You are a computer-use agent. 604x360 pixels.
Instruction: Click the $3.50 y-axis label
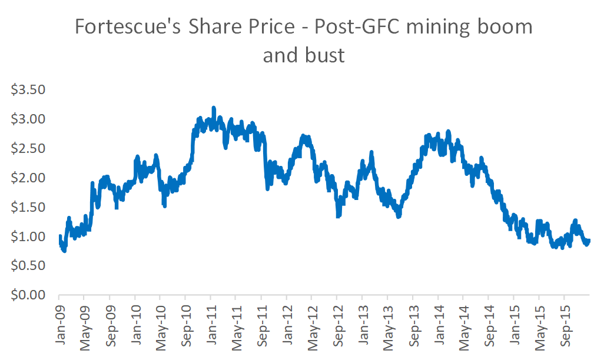(29, 90)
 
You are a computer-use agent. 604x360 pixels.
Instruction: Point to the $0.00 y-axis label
(29, 295)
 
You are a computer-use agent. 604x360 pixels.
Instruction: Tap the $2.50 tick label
(29, 148)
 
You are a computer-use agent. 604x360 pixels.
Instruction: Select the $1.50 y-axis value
(29, 207)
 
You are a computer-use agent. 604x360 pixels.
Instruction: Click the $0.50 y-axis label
(29, 265)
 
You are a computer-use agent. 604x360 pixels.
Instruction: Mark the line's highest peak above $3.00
(214, 108)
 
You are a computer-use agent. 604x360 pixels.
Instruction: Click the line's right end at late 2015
(589, 240)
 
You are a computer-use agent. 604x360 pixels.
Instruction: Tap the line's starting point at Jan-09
(59, 236)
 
